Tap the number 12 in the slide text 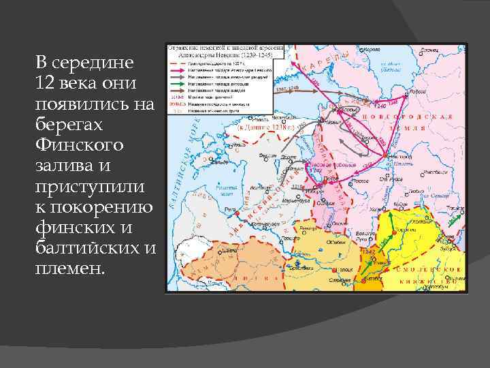(44, 82)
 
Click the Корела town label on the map (373, 50)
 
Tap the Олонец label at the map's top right (429, 50)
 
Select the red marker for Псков (324, 181)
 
